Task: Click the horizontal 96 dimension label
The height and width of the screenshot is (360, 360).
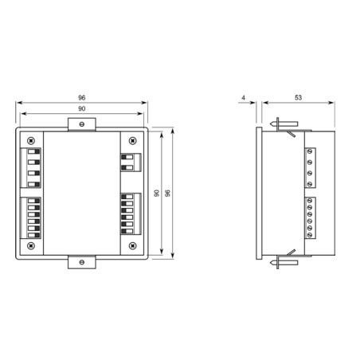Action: coord(82,96)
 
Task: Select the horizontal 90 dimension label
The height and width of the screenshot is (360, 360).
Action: coord(82,108)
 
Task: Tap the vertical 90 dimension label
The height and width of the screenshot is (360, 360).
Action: coord(157,192)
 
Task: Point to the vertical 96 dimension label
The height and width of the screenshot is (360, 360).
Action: coord(168,192)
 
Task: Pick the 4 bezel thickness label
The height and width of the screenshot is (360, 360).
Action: coord(242,96)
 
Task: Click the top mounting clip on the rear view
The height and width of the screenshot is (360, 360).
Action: coord(82,123)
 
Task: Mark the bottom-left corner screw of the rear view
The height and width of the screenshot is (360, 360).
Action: coord(31,246)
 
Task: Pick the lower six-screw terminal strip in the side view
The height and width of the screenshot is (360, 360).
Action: coord(308,217)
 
